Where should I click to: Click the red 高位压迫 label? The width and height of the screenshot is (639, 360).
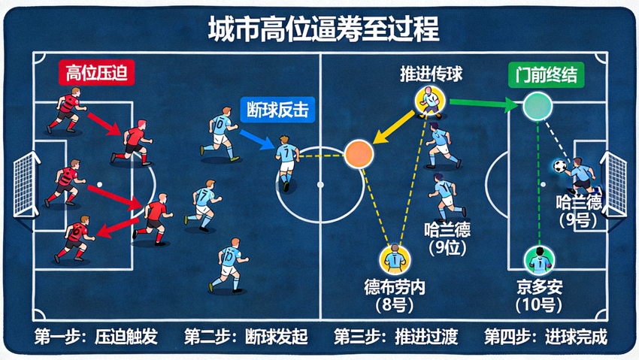coord(96,74)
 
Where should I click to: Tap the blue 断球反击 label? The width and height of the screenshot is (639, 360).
coord(277,110)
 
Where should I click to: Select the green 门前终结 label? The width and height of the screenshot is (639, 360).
coord(546,75)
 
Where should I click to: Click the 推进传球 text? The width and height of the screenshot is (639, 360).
coord(432,74)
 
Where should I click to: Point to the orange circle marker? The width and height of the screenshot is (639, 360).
coord(359,154)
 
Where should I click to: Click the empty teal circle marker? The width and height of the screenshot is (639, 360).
coord(538,106)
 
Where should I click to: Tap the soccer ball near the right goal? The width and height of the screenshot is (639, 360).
coord(560,166)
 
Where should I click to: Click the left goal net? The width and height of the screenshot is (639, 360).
coord(26,184)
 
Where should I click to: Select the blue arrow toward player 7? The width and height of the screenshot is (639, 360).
coord(257,140)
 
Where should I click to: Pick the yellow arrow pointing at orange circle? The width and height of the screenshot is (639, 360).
coord(394,127)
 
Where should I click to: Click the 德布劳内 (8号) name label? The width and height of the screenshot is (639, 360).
coord(394,296)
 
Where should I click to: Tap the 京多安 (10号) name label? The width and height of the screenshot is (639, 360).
coord(539,296)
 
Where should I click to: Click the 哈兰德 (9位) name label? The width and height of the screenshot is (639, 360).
coord(447,239)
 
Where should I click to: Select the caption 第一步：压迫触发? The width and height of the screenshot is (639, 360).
coord(95,337)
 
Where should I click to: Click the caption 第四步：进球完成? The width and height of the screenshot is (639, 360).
coord(546,337)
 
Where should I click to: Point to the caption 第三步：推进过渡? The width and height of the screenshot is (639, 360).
coord(395,337)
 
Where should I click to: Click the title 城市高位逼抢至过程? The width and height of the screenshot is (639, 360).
coord(323,29)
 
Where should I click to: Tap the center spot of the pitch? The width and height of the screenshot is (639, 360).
coord(320,185)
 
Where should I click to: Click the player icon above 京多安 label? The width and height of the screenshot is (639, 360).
coord(539,261)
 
